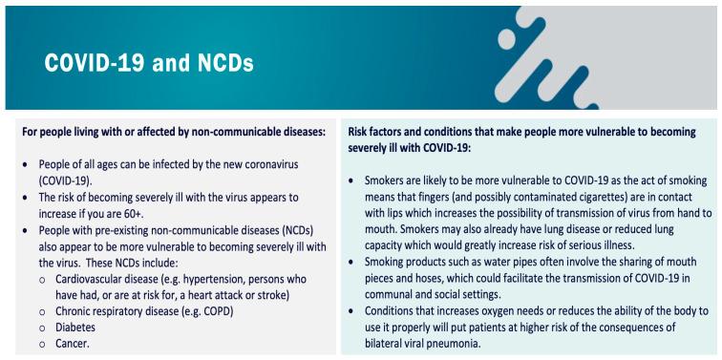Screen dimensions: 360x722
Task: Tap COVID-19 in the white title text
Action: pos(85,66)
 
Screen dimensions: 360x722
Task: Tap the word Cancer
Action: pos(78,344)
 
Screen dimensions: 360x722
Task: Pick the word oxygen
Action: pos(500,310)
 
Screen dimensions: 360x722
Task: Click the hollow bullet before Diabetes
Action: pos(45,328)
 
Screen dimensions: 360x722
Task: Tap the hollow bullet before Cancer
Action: pos(45,345)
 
